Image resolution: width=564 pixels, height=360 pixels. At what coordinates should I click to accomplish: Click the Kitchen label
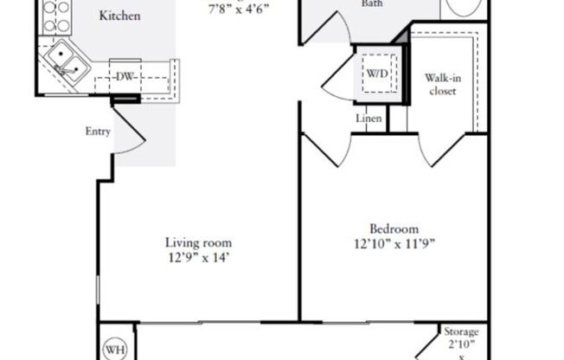tap(120, 16)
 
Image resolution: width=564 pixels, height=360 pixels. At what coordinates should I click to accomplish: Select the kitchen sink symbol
tap(64, 61)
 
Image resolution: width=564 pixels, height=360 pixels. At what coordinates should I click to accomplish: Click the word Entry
tap(97, 132)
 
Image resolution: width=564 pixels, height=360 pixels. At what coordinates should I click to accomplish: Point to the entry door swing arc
tap(129, 134)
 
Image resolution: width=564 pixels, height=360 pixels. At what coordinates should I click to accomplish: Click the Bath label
tap(349, 3)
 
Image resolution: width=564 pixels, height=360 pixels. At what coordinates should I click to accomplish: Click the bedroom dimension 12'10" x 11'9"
tap(394, 243)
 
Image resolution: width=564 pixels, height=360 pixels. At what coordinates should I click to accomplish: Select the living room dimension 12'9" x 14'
tap(198, 257)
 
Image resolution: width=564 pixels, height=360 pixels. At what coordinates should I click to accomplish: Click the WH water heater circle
tap(114, 350)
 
